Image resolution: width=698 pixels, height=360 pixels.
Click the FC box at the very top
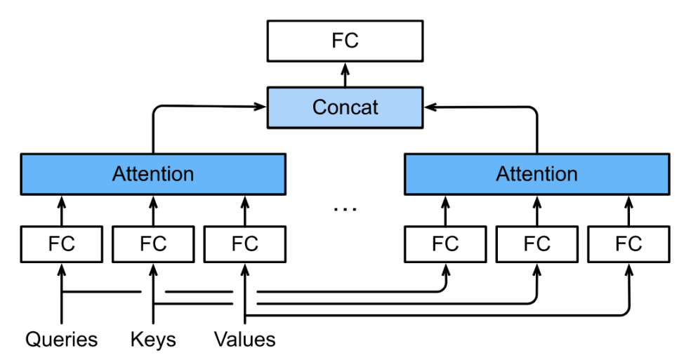(x=345, y=41)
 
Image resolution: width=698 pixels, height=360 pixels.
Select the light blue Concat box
(x=345, y=107)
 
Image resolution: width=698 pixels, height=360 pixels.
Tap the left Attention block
(x=153, y=174)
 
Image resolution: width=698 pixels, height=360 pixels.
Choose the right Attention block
(x=537, y=174)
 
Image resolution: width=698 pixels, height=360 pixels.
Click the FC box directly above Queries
(x=61, y=244)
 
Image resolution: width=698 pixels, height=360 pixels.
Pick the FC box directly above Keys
(x=153, y=244)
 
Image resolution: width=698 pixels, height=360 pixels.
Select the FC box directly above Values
(x=245, y=244)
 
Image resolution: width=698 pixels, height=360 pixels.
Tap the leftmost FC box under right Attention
(x=445, y=244)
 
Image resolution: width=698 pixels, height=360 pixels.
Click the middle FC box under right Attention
(x=537, y=244)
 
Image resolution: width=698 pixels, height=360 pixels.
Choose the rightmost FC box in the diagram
(x=628, y=244)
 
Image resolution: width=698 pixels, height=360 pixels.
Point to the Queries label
(x=61, y=340)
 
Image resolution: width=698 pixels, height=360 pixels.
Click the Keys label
(x=153, y=340)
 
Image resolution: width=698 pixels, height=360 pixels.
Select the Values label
(x=245, y=340)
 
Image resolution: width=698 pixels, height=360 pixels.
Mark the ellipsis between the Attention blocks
(x=345, y=208)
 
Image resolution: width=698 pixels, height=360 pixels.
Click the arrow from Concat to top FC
(x=345, y=74)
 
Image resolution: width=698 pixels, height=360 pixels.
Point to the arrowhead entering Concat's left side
(x=261, y=107)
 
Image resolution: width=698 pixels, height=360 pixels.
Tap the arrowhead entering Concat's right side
(x=430, y=107)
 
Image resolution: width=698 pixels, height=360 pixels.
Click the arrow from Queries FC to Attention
(x=61, y=211)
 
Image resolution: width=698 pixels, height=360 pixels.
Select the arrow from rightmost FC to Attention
(x=628, y=211)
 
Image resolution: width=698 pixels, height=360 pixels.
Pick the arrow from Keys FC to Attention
(x=153, y=211)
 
